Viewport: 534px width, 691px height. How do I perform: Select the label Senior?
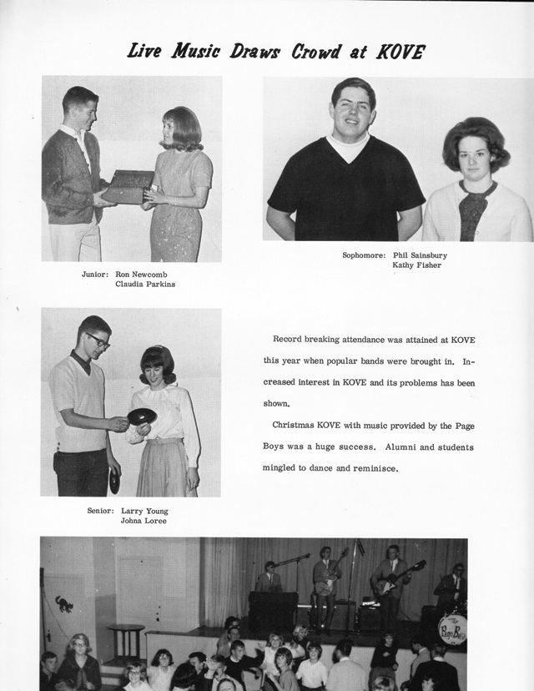coord(100,511)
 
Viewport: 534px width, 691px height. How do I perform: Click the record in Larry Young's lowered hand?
coord(113,480)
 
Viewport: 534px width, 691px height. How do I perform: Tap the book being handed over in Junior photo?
coord(127,186)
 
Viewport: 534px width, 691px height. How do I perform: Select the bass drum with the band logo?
coord(451,628)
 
